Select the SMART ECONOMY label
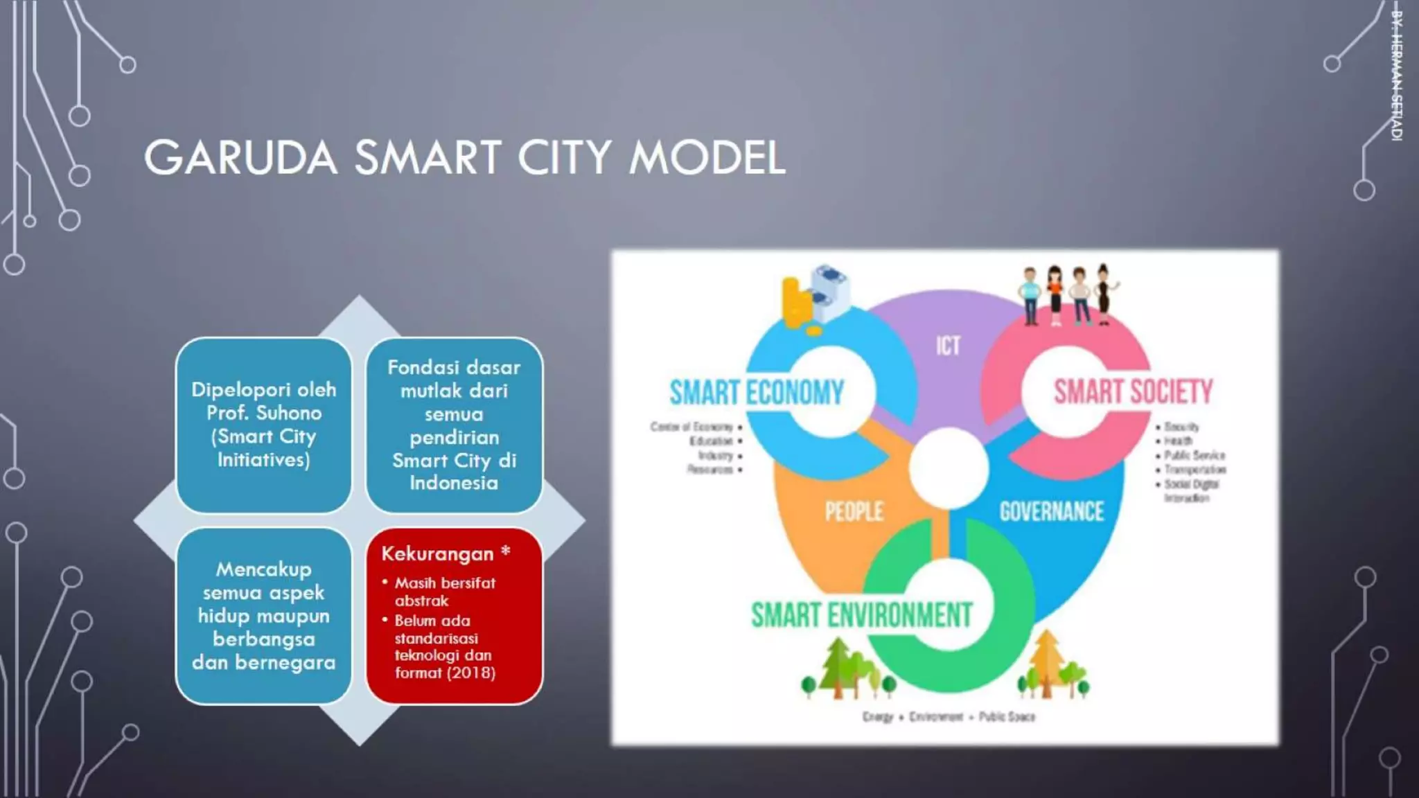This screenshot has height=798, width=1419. pos(757,393)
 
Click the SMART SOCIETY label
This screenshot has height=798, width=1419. pos(1133,391)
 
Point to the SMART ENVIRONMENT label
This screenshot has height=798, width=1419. pos(862,615)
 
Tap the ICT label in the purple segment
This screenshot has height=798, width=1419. pos(948,346)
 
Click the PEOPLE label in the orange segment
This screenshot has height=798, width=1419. pos(854,512)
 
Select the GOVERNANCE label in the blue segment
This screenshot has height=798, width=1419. pos(1051,512)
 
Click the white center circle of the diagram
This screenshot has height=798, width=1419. pos(948,468)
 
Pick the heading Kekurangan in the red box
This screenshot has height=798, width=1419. pos(437,554)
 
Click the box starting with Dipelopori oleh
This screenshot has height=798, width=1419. pos(264,425)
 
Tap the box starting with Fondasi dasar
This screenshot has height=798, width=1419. pos(454,425)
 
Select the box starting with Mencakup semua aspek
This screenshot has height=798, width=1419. pos(264,616)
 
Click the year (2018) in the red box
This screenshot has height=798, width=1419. pos(470,673)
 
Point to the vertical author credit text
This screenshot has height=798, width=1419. pos(1397,76)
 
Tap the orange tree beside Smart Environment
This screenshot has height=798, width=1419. pos(1047,662)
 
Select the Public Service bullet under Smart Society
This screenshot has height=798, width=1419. pos(1194,455)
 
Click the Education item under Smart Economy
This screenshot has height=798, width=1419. pos(711,441)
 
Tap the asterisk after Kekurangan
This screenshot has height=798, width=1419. pos(506,552)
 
